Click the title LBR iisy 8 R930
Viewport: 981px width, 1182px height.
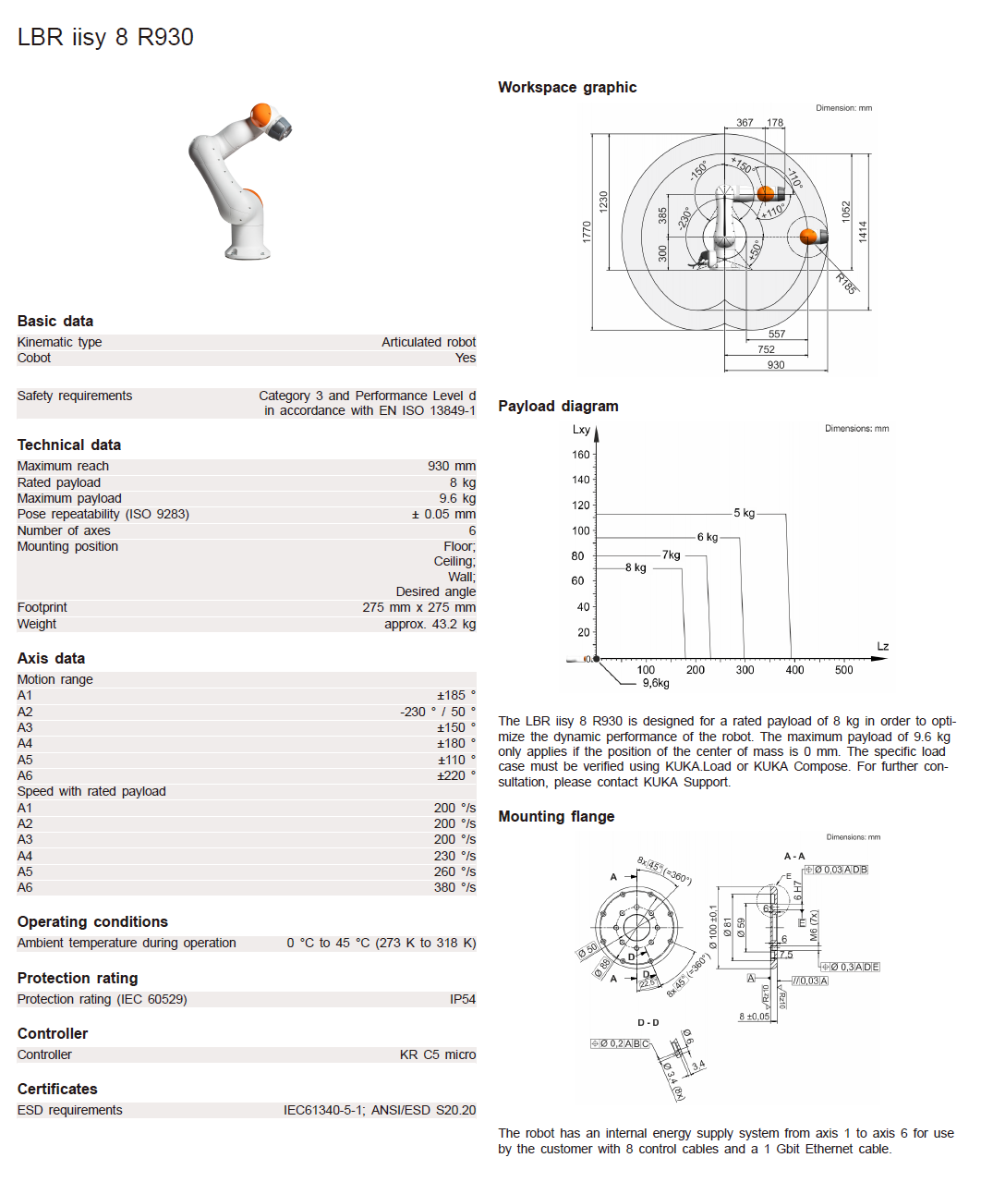[x=105, y=37]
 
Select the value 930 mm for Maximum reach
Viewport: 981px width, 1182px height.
[x=451, y=466]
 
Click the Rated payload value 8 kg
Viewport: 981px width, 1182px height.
[x=462, y=482]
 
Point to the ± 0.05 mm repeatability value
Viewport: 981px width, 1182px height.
[x=443, y=514]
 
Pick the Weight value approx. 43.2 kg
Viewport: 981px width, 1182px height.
[x=430, y=624]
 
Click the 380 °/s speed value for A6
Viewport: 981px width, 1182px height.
[x=454, y=887]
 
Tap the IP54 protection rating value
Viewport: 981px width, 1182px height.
[x=463, y=999]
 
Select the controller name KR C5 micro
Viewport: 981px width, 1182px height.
[x=438, y=1054]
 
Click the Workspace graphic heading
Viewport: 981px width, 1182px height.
[x=567, y=87]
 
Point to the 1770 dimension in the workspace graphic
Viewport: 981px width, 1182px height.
[x=586, y=231]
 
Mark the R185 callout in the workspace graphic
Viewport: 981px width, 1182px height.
[x=846, y=284]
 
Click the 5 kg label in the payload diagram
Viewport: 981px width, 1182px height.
[x=744, y=513]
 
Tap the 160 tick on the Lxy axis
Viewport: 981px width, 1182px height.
[x=580, y=455]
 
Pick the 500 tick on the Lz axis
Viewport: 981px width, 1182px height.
[x=843, y=670]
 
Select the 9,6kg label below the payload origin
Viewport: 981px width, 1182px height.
[x=656, y=683]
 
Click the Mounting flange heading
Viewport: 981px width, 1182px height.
[x=556, y=816]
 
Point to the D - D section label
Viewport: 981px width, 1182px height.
[x=648, y=1022]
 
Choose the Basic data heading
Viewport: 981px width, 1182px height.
[x=55, y=321]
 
